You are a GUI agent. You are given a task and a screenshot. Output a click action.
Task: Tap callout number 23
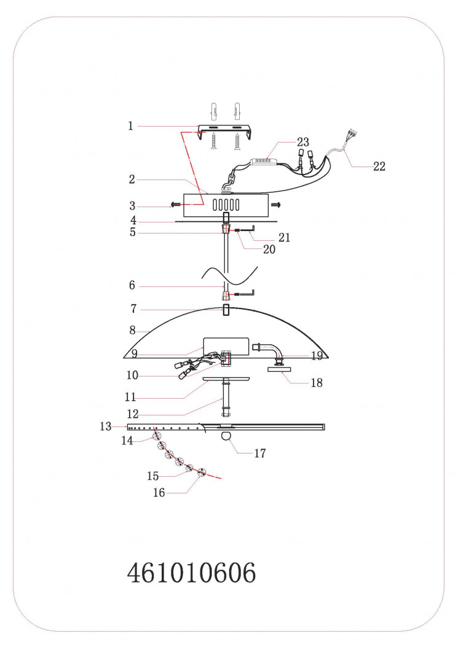(303, 142)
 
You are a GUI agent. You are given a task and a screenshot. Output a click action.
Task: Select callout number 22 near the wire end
(379, 167)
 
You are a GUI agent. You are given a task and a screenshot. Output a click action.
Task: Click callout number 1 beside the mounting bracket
(131, 125)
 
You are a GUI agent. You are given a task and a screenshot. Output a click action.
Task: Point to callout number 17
(260, 454)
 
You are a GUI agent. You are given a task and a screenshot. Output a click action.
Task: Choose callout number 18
(317, 383)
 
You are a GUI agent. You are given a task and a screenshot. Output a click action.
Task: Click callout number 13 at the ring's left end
(106, 426)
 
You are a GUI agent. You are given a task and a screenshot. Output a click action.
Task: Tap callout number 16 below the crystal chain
(159, 493)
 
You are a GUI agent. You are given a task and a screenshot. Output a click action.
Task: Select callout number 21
(284, 237)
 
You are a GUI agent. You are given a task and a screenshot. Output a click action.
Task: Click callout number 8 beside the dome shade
(132, 331)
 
